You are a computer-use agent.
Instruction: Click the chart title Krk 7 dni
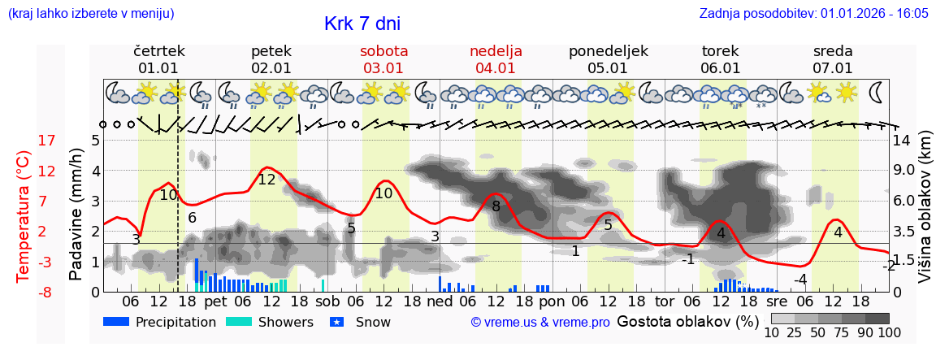pos(362,24)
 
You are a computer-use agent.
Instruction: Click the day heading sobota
pos(383,50)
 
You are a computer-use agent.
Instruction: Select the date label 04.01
pos(496,68)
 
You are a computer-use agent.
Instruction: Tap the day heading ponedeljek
pos(608,50)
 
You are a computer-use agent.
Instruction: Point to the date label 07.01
pos(833,68)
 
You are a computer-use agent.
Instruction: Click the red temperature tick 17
pos(47,141)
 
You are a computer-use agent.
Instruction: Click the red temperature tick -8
pos(47,292)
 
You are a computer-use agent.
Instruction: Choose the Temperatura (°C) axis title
pos(24,215)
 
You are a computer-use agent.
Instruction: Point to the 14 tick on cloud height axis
pos(902,141)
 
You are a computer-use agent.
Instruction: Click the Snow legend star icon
pos(337,322)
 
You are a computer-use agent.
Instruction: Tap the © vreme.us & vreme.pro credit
pos(540,322)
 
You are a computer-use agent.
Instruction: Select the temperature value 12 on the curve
pos(266,180)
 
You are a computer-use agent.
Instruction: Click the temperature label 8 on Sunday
pos(496,206)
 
